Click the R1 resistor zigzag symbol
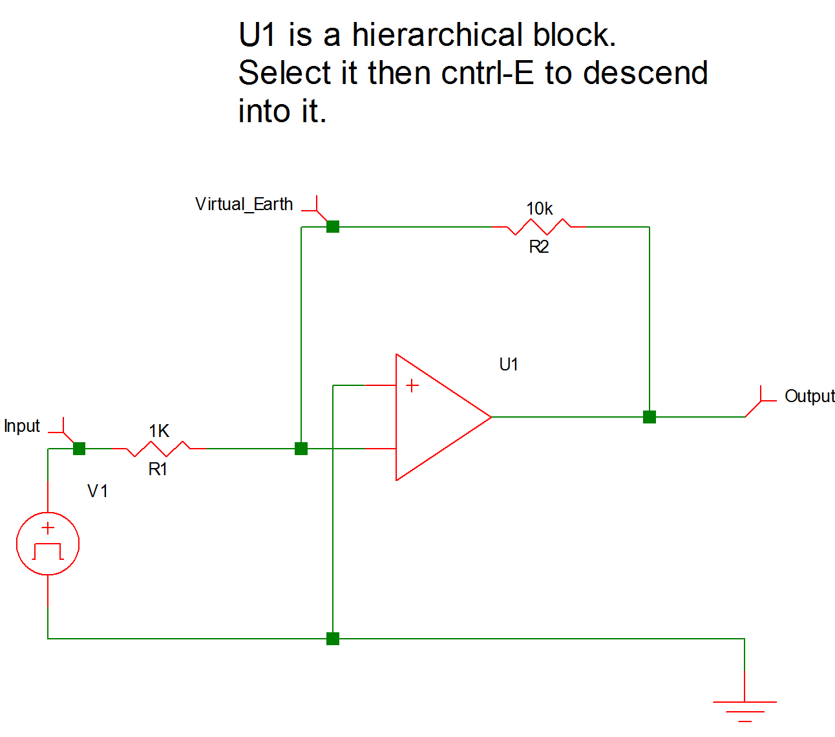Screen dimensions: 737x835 pos(159,449)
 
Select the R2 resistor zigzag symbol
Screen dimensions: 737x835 pos(539,227)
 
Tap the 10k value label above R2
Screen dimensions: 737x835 pos(540,209)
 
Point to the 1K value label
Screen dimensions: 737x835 pos(159,431)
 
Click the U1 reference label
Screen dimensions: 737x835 pos(509,365)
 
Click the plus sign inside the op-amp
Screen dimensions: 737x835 pos(412,386)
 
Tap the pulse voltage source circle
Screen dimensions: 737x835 pos(48,544)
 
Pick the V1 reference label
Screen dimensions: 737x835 pos(98,491)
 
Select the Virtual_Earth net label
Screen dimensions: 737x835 pos(244,204)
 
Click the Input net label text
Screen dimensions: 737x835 pos(22,426)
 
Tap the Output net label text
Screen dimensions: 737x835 pos(809,396)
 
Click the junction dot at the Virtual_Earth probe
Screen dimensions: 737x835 pos(333,227)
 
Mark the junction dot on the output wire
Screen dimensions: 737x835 pos(650,417)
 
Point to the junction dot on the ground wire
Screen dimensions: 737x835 pos(333,639)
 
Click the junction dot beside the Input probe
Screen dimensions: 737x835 pos(79,449)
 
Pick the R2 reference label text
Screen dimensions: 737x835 pos(539,246)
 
